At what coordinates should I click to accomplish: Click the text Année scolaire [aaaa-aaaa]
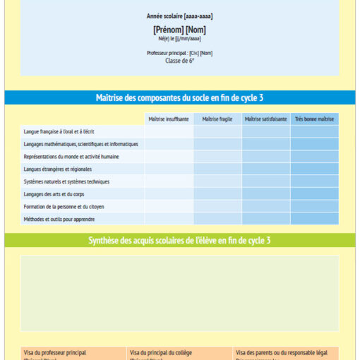(x=179, y=16)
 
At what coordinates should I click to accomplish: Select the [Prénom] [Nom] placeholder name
(x=179, y=30)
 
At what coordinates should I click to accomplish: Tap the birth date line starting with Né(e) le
(x=179, y=40)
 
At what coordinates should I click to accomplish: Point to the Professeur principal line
(x=179, y=53)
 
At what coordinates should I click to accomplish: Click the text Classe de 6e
(x=179, y=61)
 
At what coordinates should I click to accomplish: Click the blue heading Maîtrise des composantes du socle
(x=179, y=97)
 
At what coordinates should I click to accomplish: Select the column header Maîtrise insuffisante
(x=169, y=119)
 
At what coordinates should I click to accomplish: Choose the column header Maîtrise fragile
(x=217, y=119)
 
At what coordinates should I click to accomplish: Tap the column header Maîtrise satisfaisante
(x=266, y=119)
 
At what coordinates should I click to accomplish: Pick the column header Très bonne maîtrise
(x=314, y=119)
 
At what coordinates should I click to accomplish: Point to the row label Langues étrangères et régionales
(x=59, y=169)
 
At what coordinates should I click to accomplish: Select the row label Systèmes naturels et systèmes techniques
(x=66, y=181)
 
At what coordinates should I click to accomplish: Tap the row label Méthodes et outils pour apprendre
(x=59, y=219)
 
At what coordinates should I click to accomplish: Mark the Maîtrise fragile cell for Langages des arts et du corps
(x=217, y=194)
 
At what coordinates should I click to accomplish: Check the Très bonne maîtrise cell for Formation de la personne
(x=314, y=206)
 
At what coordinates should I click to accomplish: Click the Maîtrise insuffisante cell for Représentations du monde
(x=169, y=156)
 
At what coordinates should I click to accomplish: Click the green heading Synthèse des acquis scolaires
(x=179, y=241)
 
